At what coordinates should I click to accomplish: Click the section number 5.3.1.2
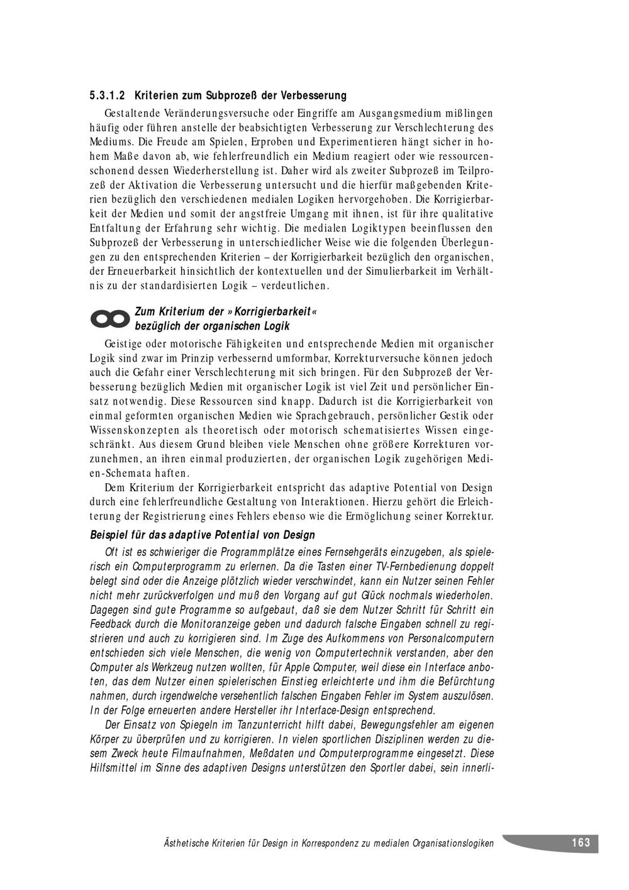coord(108,96)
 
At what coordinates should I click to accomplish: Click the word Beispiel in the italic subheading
coord(109,535)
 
